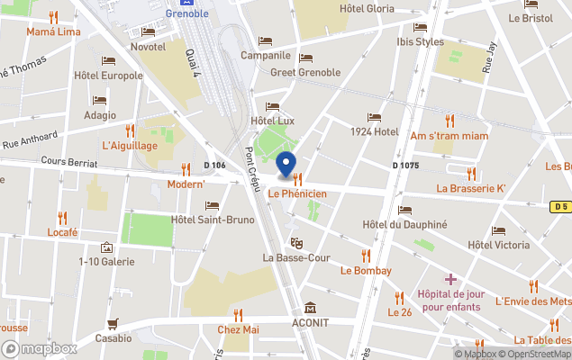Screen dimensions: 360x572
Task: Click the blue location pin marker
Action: (x=286, y=165)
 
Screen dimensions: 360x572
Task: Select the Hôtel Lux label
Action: (x=273, y=121)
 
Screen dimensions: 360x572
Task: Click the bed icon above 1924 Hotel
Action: (x=374, y=118)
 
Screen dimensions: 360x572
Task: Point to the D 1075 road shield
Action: (x=406, y=166)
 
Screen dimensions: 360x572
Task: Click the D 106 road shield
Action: (x=214, y=165)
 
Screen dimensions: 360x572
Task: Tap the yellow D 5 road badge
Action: (x=560, y=206)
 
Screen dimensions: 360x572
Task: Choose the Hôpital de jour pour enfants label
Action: (x=449, y=301)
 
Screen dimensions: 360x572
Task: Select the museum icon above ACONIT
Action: (x=311, y=308)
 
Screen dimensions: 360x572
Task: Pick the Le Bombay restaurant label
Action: (x=366, y=270)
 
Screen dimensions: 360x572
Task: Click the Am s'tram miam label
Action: (x=449, y=135)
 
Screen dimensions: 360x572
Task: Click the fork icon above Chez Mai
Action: (x=239, y=315)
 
